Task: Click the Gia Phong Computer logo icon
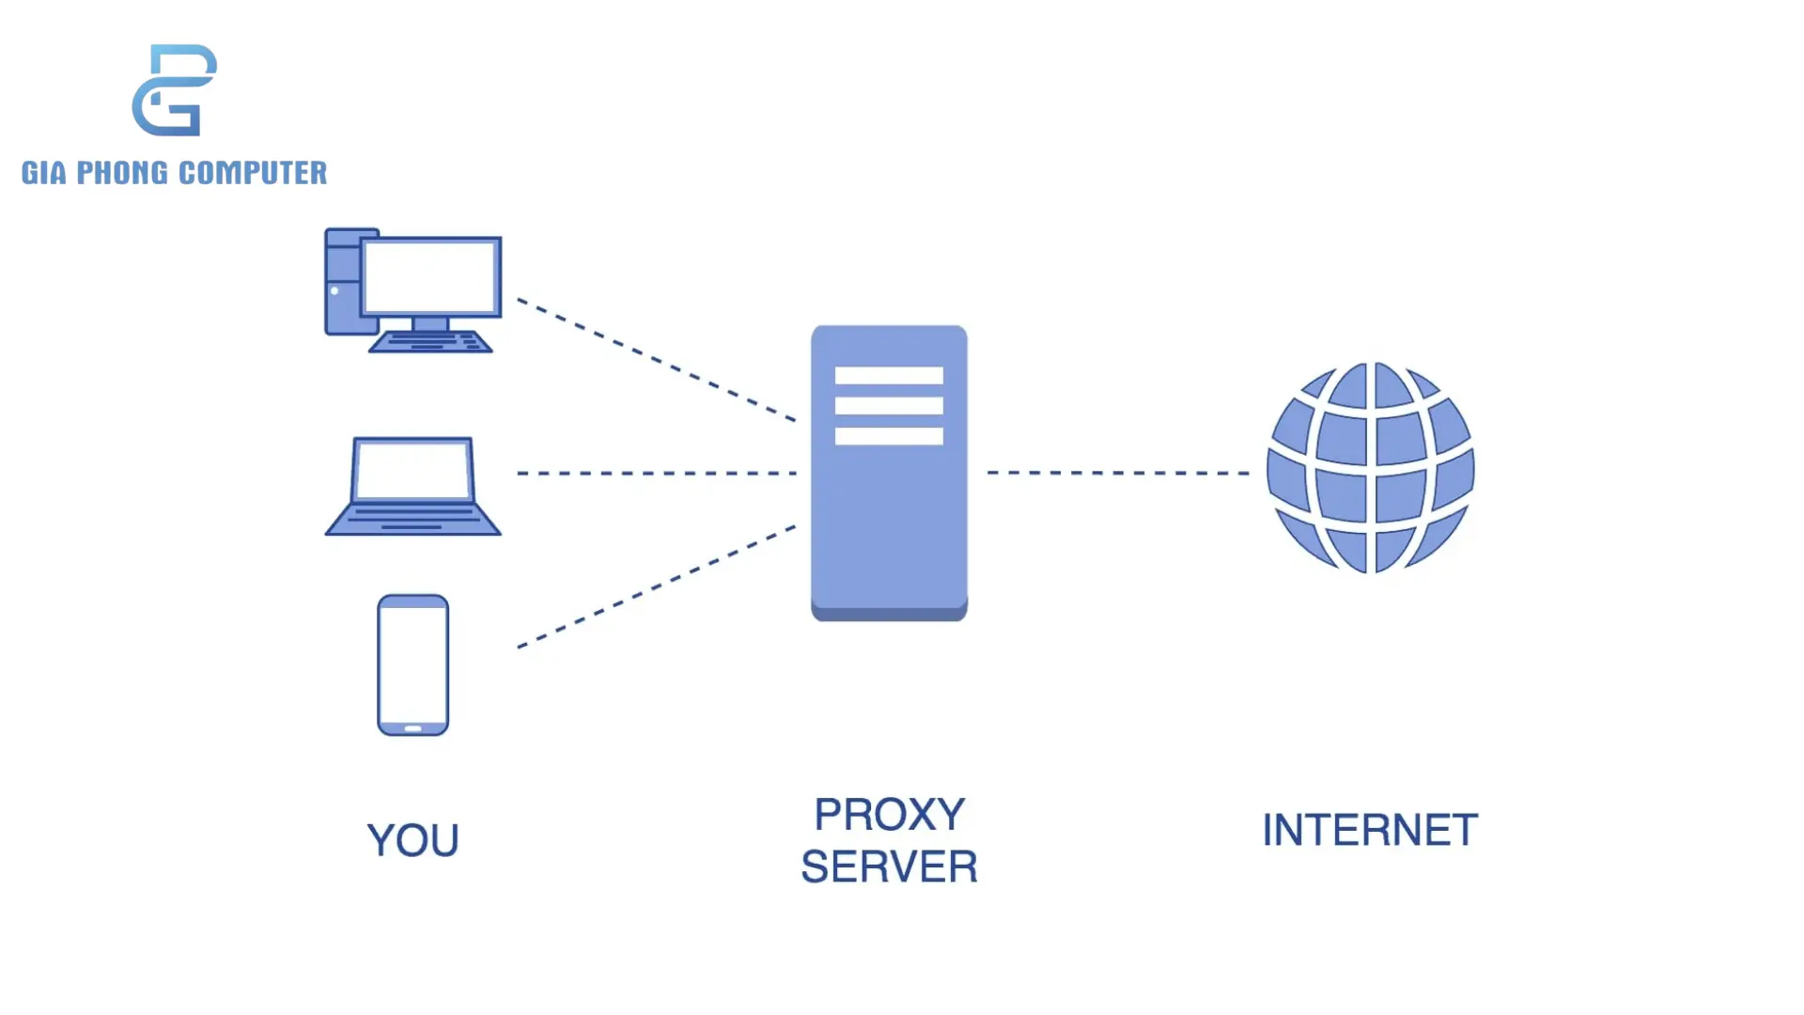pos(175,90)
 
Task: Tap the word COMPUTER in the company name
pos(252,173)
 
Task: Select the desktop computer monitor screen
pos(430,276)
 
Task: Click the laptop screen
pos(412,470)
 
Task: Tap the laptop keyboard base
pos(412,519)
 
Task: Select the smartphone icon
pos(412,664)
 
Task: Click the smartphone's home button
pos(412,728)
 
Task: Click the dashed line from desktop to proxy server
pos(656,359)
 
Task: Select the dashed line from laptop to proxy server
pos(656,473)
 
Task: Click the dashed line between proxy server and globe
pos(1118,473)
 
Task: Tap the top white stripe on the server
pos(889,376)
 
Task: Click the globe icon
pos(1370,467)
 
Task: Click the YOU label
pos(412,840)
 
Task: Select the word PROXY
pos(889,815)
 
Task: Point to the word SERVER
pos(889,867)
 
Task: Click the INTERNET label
pos(1370,831)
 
